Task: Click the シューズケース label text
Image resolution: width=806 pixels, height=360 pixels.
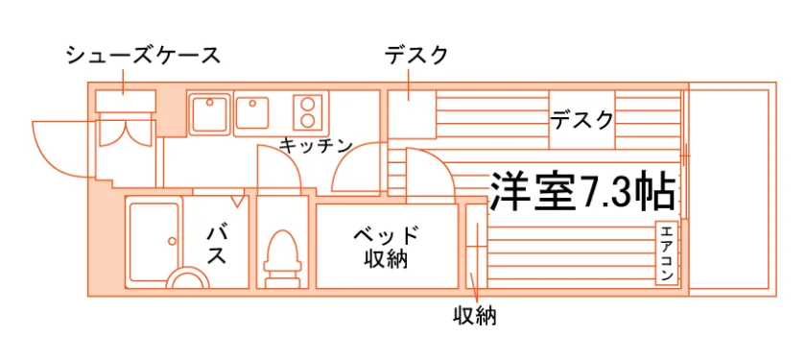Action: point(143,55)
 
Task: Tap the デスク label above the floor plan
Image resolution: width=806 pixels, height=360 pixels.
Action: point(416,55)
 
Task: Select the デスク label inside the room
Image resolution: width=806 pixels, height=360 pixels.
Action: point(581,120)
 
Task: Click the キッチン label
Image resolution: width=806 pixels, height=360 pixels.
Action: point(316,146)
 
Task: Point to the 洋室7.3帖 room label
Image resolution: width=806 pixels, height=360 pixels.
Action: point(581,191)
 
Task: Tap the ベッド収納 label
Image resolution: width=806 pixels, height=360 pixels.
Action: point(386,247)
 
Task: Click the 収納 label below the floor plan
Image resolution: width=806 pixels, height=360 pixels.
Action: point(474,316)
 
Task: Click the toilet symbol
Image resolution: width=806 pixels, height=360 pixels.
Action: point(282,258)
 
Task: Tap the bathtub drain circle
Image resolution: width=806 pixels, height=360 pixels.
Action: point(172,241)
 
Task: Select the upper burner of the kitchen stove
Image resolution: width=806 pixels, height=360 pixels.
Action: point(307,105)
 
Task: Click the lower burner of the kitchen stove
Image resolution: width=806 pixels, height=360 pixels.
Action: point(307,121)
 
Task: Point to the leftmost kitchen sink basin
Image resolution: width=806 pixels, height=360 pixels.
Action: point(209,113)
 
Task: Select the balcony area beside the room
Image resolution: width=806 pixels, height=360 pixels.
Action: point(732,189)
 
